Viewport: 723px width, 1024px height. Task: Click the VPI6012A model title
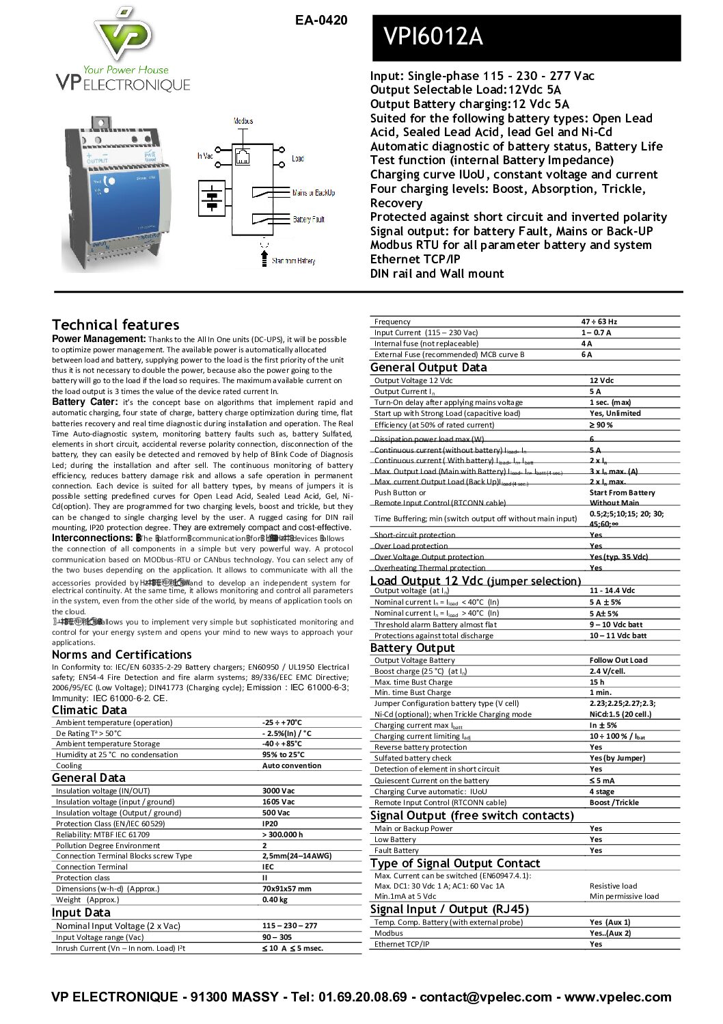coord(433,36)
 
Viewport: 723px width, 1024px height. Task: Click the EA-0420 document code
coord(321,21)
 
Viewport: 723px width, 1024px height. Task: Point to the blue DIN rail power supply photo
coord(114,195)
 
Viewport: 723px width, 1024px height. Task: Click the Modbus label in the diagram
coord(243,121)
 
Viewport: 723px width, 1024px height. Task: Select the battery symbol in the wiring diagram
coord(213,199)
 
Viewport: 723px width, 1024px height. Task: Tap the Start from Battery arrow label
coord(293,261)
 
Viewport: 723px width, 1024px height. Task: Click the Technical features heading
coord(115,325)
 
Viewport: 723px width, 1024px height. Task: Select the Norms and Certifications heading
coord(122,655)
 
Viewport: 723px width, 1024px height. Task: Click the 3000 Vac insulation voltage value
coord(278,791)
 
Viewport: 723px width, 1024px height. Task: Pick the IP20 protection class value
coord(270,824)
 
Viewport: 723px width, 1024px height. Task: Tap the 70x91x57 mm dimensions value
coord(286,889)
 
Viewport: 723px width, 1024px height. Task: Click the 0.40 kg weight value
coord(275,900)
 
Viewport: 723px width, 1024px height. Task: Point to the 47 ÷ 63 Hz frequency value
coord(599,321)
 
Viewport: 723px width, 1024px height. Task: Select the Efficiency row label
coord(424,425)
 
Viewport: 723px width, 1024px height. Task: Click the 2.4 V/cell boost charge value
coord(608,671)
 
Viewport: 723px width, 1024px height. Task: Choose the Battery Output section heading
coord(412,648)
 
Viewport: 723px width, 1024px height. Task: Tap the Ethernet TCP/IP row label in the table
coord(402,944)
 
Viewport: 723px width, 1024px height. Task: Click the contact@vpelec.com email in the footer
coord(485,997)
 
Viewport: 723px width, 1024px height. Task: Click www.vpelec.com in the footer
coord(618,997)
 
